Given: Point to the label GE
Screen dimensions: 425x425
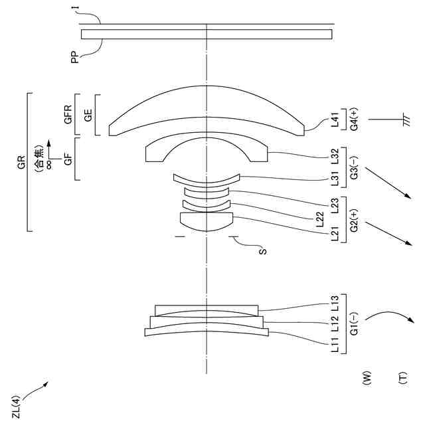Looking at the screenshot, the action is tap(88, 114).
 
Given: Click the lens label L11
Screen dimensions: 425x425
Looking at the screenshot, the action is tap(335, 344).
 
